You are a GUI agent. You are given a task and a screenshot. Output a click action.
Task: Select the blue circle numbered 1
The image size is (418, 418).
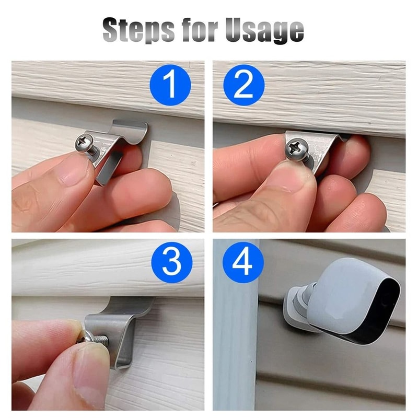(x=170, y=85)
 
